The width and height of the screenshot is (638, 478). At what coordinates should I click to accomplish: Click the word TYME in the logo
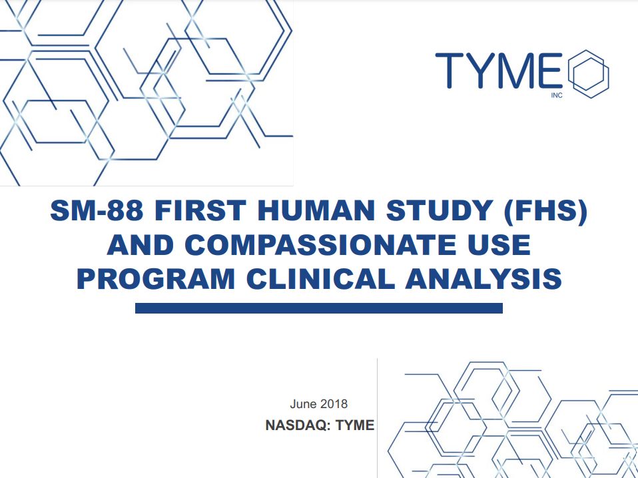click(499, 70)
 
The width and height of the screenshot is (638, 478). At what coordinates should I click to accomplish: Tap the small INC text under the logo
click(557, 96)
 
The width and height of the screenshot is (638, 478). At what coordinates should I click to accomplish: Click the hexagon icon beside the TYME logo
click(588, 74)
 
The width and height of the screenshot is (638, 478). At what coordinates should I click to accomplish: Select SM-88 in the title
click(97, 210)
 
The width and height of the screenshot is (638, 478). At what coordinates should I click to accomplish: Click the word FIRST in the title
click(200, 210)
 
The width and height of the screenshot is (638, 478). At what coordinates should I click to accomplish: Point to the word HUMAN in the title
click(316, 210)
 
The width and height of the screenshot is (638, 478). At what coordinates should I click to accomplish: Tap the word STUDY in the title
click(440, 210)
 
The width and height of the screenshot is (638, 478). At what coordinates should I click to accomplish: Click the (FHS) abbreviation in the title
click(545, 211)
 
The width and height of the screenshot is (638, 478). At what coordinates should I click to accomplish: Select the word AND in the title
click(141, 244)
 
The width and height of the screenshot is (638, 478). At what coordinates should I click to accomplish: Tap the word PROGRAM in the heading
click(156, 279)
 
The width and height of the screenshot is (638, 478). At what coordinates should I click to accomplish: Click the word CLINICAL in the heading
click(320, 279)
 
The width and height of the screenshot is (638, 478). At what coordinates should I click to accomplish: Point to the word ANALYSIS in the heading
click(483, 279)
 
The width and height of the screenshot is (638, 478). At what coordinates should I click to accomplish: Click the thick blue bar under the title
click(318, 308)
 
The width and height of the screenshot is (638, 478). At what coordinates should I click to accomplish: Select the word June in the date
click(303, 403)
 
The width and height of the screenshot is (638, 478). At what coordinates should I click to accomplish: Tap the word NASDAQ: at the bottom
click(298, 425)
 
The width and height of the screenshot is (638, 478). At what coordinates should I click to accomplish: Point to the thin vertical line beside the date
click(377, 418)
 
